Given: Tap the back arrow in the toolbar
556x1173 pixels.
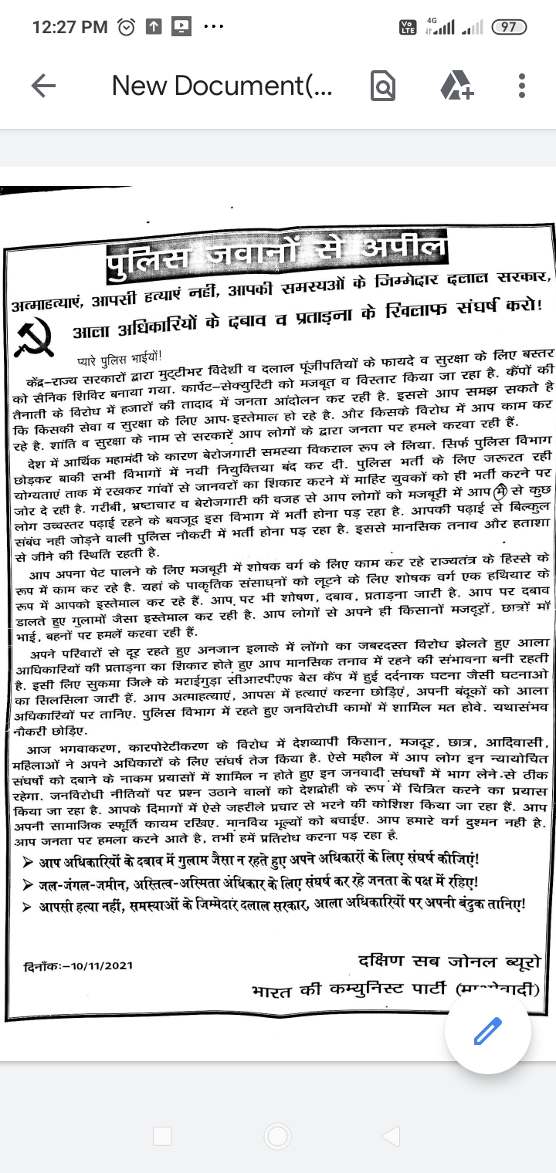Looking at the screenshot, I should pyautogui.click(x=44, y=86).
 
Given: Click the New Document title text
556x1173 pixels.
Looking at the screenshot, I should pyautogui.click(x=222, y=86).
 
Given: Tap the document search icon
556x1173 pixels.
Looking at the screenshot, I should pyautogui.click(x=383, y=86).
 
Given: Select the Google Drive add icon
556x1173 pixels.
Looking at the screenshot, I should pyautogui.click(x=456, y=86).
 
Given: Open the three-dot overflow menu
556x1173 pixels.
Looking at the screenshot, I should pyautogui.click(x=522, y=86).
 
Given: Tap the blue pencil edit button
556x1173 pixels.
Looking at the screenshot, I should pyautogui.click(x=488, y=1031).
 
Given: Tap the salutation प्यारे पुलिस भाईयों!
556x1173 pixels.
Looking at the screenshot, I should pyautogui.click(x=117, y=359).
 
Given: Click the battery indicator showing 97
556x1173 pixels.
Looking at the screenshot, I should pyautogui.click(x=509, y=27).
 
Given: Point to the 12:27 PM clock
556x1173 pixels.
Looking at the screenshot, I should pyautogui.click(x=69, y=28).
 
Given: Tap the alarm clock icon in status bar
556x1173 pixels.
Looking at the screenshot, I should pyautogui.click(x=125, y=28).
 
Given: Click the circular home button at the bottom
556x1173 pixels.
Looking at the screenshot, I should pyautogui.click(x=277, y=1135).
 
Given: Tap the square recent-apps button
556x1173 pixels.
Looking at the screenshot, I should pyautogui.click(x=162, y=1135).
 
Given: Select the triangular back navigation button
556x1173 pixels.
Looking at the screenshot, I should pyautogui.click(x=391, y=1135).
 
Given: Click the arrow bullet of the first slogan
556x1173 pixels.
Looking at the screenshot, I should pyautogui.click(x=28, y=861).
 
